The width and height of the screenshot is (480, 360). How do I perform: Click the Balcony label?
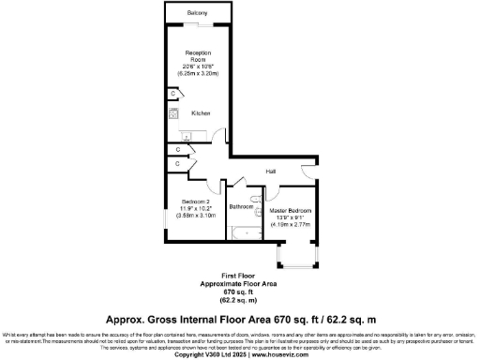click(x=197, y=12)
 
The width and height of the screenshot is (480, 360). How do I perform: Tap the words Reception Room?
click(x=197, y=55)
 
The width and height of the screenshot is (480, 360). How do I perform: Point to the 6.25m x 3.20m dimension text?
click(x=197, y=72)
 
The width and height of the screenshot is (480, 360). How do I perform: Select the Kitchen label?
click(x=201, y=112)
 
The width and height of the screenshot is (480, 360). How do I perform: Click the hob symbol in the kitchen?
click(x=172, y=113)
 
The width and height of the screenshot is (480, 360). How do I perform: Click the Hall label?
click(x=270, y=172)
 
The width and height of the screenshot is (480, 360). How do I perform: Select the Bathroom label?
click(x=242, y=205)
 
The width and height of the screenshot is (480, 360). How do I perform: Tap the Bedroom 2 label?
click(x=196, y=202)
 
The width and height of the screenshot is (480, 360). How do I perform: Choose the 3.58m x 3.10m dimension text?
click(x=196, y=215)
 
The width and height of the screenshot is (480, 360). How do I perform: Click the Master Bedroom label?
click(x=290, y=211)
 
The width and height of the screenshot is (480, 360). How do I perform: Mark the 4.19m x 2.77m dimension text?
click(x=290, y=224)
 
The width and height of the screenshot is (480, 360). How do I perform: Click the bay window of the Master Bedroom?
click(x=296, y=257)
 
